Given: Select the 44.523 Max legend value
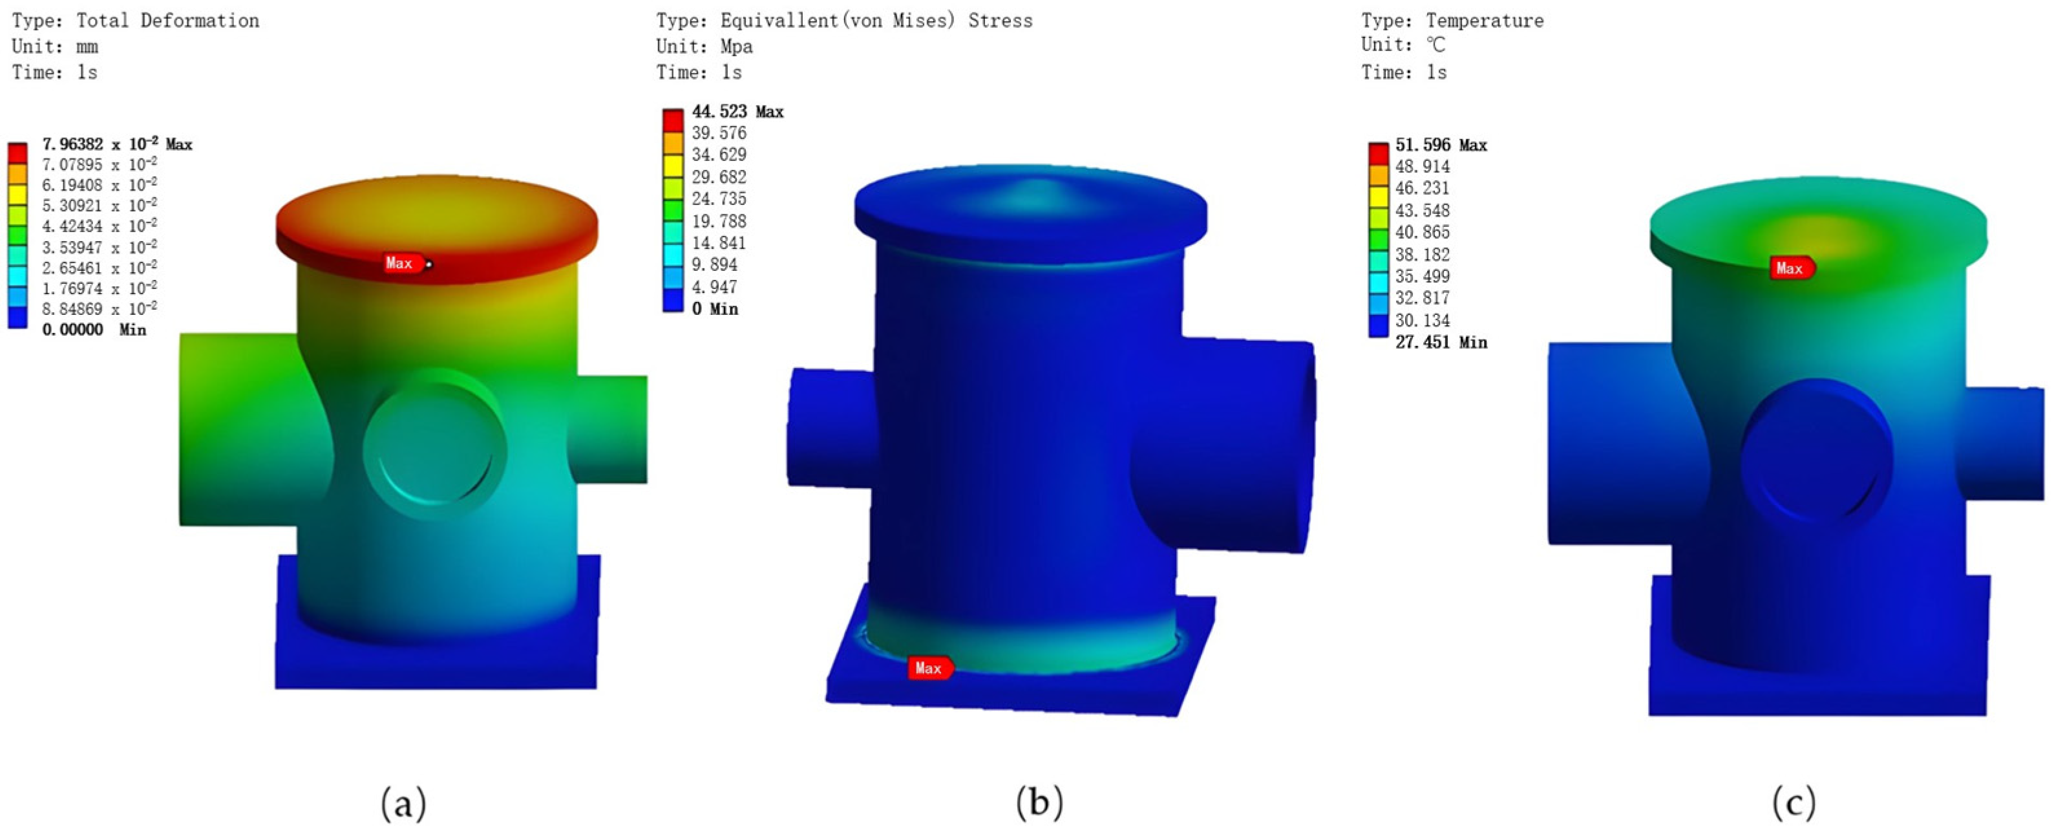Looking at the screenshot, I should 737,112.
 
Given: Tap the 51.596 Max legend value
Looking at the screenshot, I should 1440,145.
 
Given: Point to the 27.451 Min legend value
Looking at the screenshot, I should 1440,342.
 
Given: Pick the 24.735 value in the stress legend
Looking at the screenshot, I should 719,199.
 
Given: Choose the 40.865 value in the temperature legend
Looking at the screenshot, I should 1422,232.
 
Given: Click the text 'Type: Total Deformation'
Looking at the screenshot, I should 136,21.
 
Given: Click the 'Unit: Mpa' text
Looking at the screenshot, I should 704,47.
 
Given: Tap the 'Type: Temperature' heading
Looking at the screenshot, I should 1451,21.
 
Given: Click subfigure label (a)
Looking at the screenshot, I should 403,802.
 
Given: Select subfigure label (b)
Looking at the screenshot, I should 1039,802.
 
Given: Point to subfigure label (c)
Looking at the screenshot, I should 1794,802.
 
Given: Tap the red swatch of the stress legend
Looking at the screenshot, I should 673,120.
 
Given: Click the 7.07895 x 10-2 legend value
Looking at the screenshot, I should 99,164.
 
